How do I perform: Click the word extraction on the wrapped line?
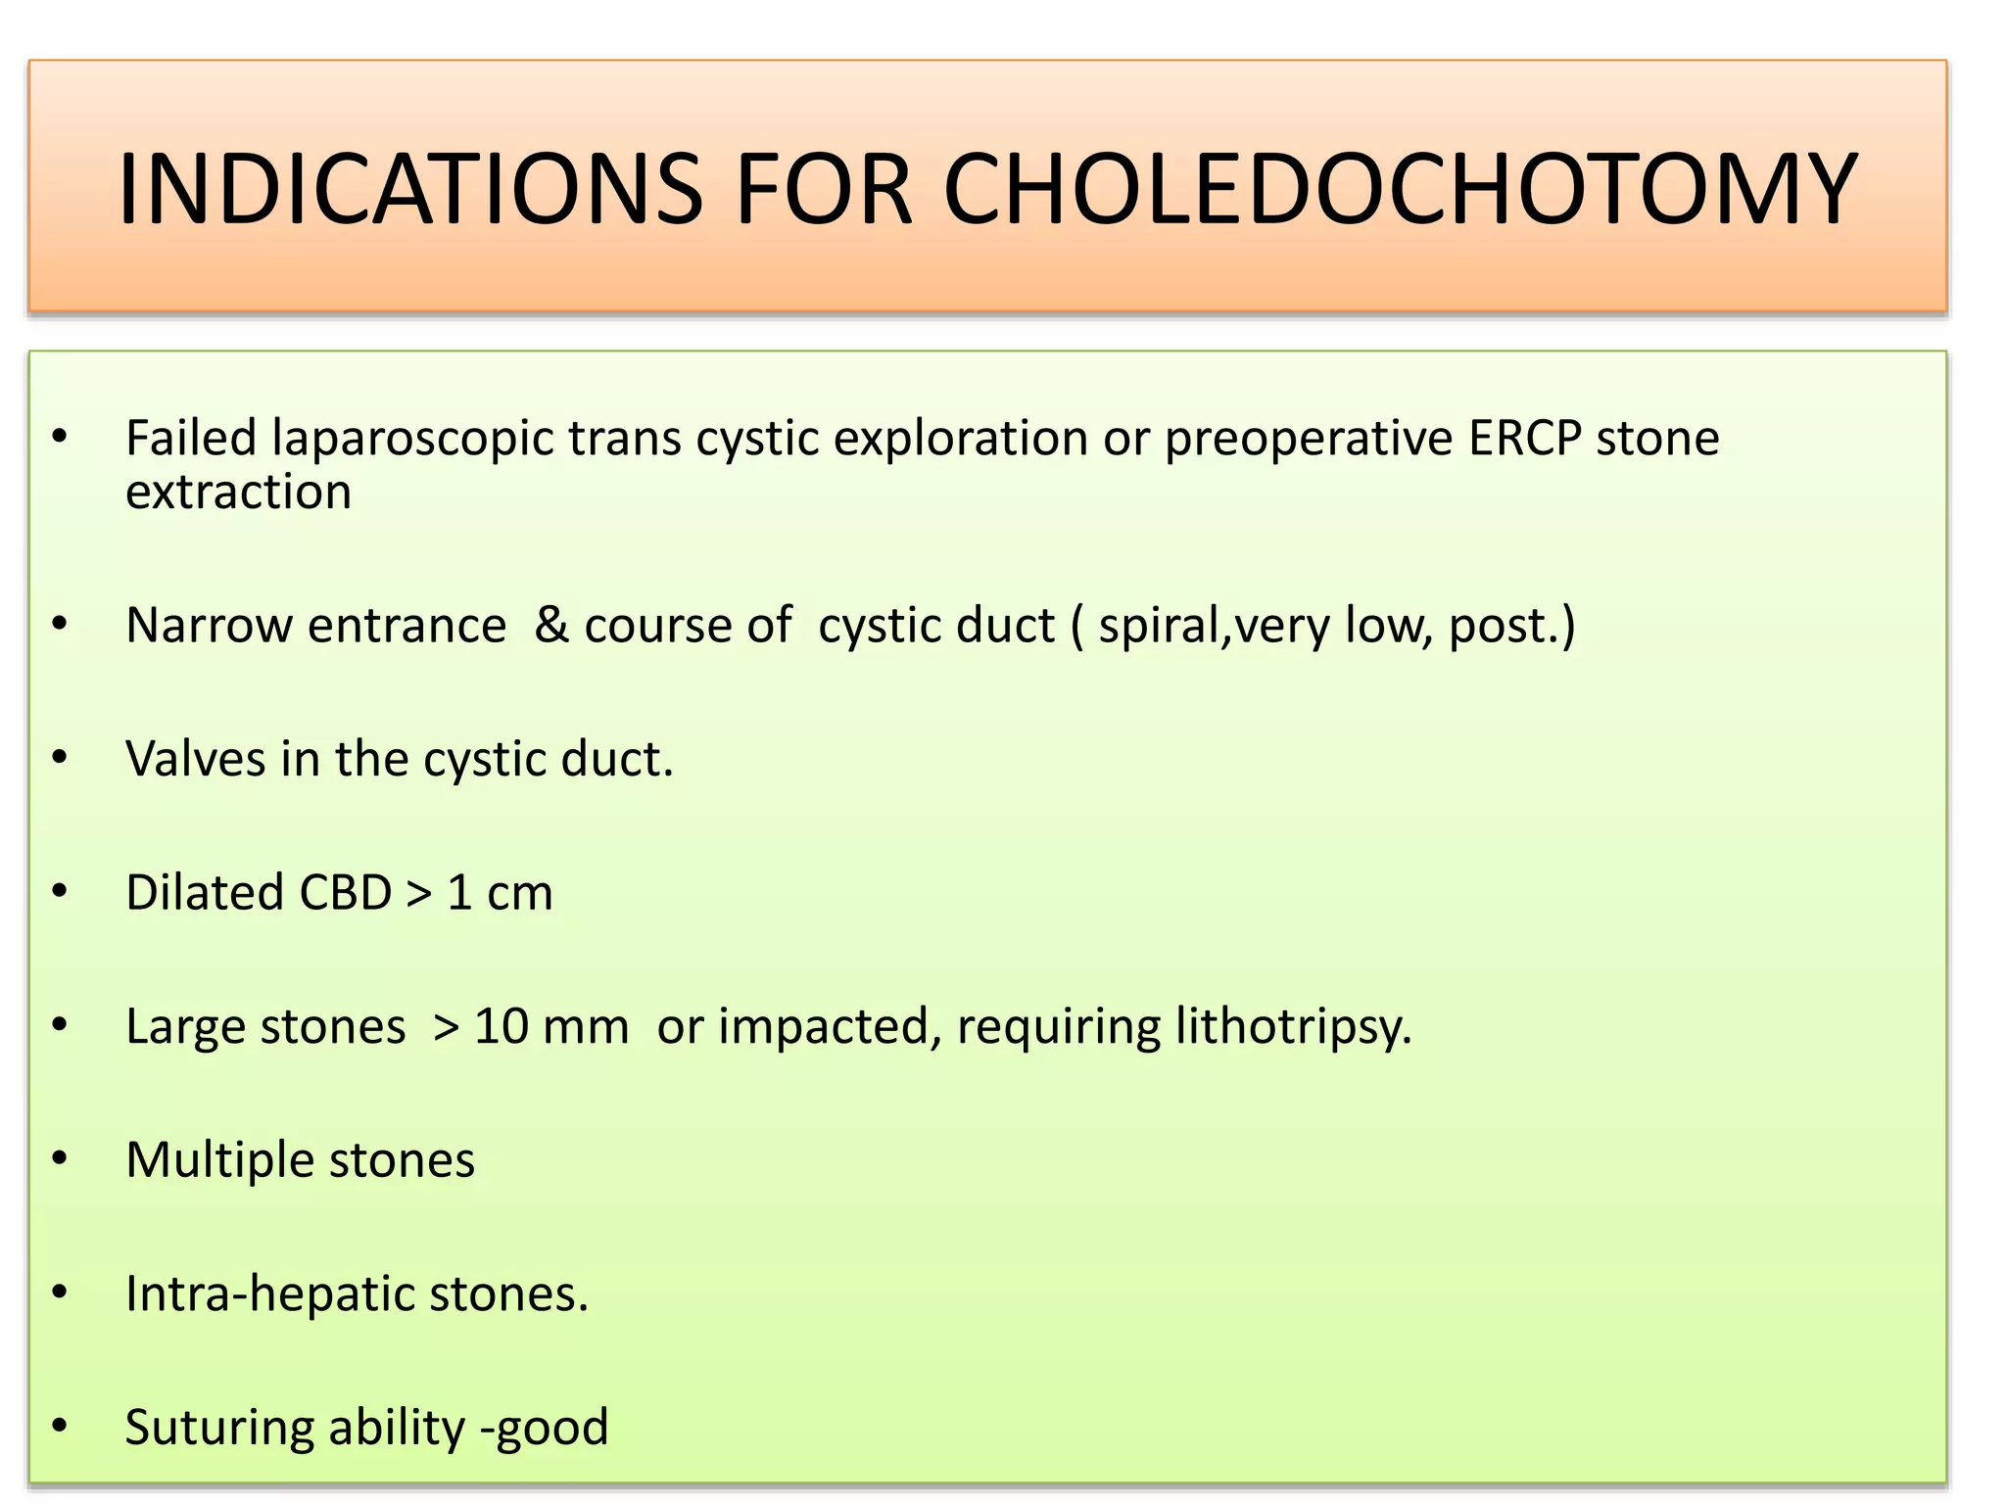(238, 492)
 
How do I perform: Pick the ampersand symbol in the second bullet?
(551, 625)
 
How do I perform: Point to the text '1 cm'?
(500, 892)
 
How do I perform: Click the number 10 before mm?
(501, 1026)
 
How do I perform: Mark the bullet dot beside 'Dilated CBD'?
(61, 892)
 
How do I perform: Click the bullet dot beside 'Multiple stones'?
(61, 1159)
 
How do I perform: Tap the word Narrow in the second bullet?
(209, 625)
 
